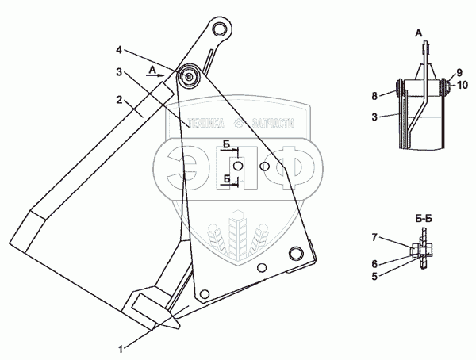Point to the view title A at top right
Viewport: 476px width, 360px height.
tap(418, 33)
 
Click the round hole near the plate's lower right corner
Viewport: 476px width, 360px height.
tap(297, 252)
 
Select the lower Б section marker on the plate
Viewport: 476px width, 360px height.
tap(228, 179)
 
